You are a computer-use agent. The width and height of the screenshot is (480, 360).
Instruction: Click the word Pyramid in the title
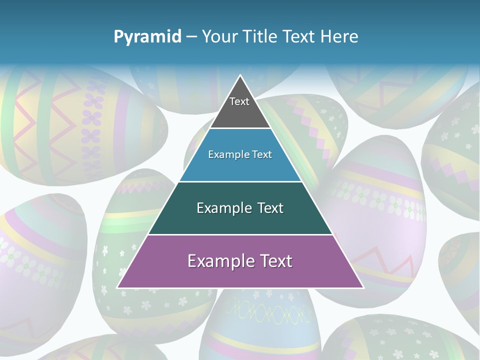tap(147, 37)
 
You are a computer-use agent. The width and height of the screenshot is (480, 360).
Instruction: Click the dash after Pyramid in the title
tap(191, 37)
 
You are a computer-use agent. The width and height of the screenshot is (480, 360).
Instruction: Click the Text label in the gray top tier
tap(239, 101)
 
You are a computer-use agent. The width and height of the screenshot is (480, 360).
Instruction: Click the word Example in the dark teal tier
tap(222, 208)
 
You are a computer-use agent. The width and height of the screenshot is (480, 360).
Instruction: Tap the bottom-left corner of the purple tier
tap(117, 287)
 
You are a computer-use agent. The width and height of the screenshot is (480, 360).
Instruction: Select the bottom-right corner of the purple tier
tap(363, 287)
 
